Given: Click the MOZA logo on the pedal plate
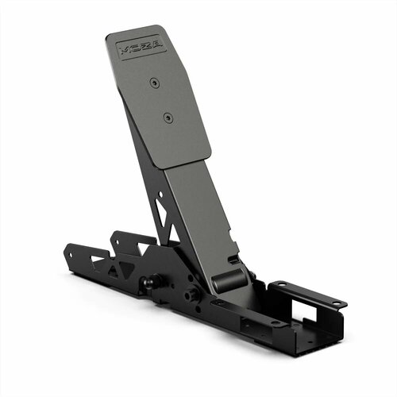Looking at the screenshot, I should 140,47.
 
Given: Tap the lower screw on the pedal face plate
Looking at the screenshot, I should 167,118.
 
